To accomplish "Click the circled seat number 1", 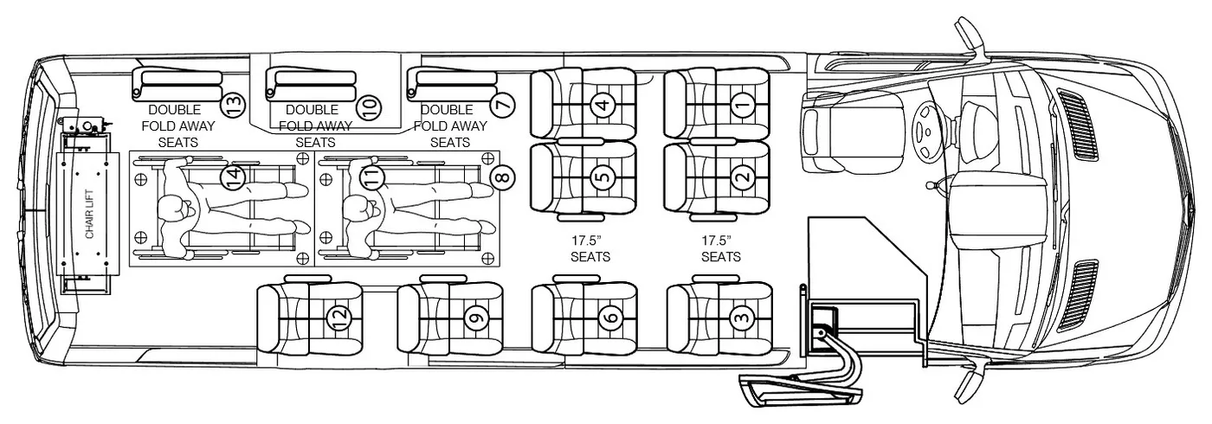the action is coord(744,104).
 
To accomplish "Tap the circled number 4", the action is coord(603,104).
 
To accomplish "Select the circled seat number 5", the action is coord(603,177).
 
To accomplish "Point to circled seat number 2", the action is coord(744,177).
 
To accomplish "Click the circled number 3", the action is coord(742,318).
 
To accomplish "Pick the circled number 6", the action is coord(611,318).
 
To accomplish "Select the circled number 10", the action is coord(370,106).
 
